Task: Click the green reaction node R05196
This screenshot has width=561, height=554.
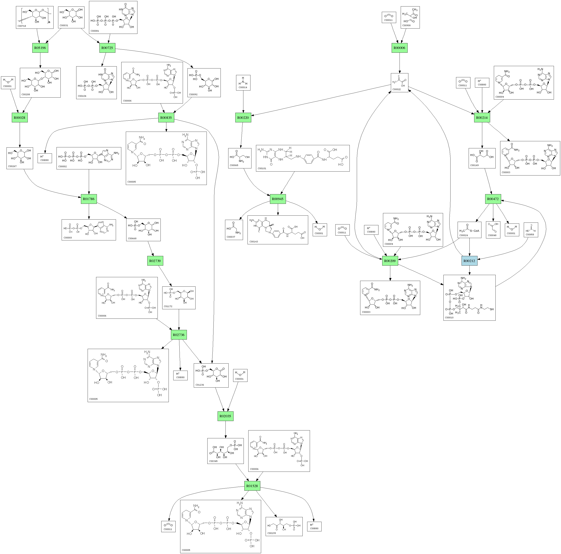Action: click(40, 48)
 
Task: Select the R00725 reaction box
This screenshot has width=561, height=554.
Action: click(107, 48)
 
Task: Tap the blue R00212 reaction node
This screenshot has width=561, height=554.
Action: click(469, 261)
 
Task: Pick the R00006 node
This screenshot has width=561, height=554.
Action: click(399, 48)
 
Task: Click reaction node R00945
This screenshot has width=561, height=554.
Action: click(278, 199)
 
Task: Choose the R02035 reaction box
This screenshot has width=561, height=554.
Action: click(225, 416)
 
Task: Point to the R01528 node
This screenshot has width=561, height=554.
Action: click(252, 486)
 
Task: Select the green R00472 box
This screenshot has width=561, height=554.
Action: click(493, 199)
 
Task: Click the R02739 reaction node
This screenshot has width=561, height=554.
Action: click(155, 261)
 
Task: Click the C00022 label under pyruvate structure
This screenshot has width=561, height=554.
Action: click(396, 89)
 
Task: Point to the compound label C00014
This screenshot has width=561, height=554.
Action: click(243, 87)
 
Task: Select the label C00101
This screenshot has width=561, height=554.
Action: click(262, 168)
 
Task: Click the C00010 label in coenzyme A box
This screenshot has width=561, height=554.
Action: click(449, 318)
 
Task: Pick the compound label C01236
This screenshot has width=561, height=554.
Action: click(200, 385)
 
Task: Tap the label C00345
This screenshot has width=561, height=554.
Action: click(213, 461)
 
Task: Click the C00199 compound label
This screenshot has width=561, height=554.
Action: click(272, 533)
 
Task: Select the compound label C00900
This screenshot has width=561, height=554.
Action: click(406, 26)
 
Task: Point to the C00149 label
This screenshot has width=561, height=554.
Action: click(475, 165)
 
